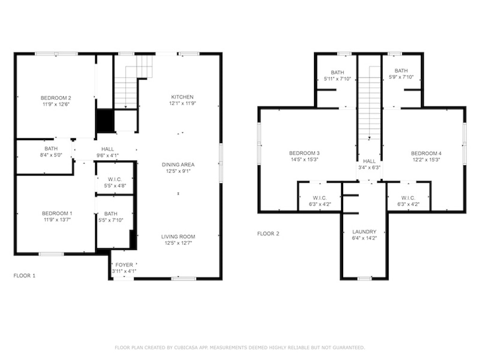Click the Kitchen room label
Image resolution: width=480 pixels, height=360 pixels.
pyautogui.click(x=182, y=97)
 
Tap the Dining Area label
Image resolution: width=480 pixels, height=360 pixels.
pyautogui.click(x=178, y=165)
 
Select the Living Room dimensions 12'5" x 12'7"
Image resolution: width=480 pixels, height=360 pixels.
pyautogui.click(x=178, y=243)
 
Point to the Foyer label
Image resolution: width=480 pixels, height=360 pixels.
pyautogui.click(x=124, y=265)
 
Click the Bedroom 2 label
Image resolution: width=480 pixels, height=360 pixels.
pyautogui.click(x=56, y=98)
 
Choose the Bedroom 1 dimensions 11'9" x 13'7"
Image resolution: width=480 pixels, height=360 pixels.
pyautogui.click(x=57, y=219)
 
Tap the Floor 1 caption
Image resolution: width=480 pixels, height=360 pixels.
pyautogui.click(x=24, y=276)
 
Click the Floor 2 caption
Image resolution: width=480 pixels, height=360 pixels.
pyautogui.click(x=268, y=233)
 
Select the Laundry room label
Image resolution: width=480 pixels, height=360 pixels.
pyautogui.click(x=364, y=232)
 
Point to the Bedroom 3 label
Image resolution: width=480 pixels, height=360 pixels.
pyautogui.click(x=304, y=153)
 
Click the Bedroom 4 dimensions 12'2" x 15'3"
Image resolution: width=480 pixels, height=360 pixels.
pyautogui.click(x=426, y=159)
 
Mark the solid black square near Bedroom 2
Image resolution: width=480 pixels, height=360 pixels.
pyautogui.click(x=105, y=120)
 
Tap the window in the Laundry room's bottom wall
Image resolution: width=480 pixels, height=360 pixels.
pyautogui.click(x=365, y=278)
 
